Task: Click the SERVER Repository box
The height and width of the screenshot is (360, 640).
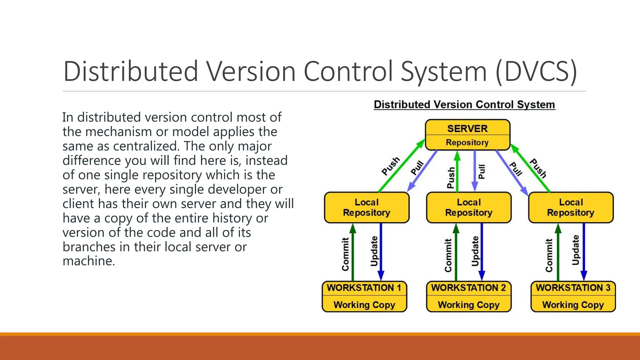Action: pyautogui.click(x=467, y=135)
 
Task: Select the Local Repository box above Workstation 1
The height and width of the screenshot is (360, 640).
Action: pyautogui.click(x=367, y=207)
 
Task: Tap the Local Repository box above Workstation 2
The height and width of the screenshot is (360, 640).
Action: pyautogui.click(x=469, y=207)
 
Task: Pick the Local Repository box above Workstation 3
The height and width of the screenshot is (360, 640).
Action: pyautogui.click(x=571, y=207)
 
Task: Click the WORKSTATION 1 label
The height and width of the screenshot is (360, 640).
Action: pyautogui.click(x=364, y=288)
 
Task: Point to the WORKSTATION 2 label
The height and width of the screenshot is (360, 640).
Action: pyautogui.click(x=468, y=288)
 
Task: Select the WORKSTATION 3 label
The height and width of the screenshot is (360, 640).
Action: pyautogui.click(x=573, y=288)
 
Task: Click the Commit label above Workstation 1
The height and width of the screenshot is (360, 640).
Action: pyautogui.click(x=345, y=254)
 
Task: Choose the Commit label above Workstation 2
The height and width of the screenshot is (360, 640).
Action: pyautogui.click(x=448, y=255)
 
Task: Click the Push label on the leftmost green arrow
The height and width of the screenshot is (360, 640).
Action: pyautogui.click(x=391, y=166)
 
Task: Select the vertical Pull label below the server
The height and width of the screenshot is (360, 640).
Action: pyautogui.click(x=482, y=172)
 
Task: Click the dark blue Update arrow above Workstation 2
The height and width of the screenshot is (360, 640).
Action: pyautogui.click(x=482, y=250)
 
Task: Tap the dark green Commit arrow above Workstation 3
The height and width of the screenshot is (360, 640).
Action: pyautogui.click(x=558, y=250)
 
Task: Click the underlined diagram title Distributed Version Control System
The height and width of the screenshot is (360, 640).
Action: pyautogui.click(x=464, y=104)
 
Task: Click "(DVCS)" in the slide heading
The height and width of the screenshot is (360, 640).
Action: pyautogui.click(x=536, y=72)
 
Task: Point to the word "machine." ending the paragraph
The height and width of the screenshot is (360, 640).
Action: pyautogui.click(x=89, y=261)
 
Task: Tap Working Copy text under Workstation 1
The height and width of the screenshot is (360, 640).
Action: pyautogui.click(x=364, y=305)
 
